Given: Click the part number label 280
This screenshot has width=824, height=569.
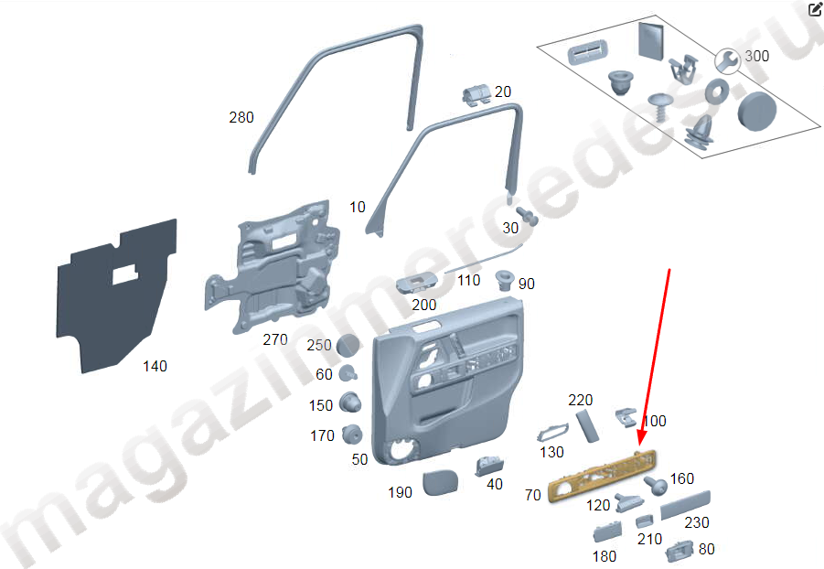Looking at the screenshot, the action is [x=241, y=117].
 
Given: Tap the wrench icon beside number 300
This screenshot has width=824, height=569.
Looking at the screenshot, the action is [x=727, y=61].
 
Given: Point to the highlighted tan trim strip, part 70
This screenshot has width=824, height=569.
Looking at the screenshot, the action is [x=603, y=475].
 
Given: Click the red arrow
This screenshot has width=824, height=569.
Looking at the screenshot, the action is [x=655, y=358].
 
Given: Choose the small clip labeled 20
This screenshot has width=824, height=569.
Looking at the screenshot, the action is [x=477, y=94].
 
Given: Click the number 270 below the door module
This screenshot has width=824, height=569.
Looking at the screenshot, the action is [x=275, y=339].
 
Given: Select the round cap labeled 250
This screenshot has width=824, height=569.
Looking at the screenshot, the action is [x=348, y=345].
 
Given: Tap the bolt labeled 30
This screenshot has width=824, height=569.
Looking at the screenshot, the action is [x=526, y=216].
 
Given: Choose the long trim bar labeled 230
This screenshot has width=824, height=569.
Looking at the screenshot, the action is [x=685, y=505].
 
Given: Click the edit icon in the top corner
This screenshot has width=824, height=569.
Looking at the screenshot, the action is [x=815, y=8].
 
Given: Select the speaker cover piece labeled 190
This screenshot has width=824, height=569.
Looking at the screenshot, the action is [x=441, y=482].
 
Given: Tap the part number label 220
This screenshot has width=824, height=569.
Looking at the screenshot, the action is [x=580, y=400].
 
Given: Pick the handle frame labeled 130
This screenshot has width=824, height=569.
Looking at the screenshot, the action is [x=551, y=431].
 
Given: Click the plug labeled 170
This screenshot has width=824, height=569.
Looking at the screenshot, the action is [x=351, y=435].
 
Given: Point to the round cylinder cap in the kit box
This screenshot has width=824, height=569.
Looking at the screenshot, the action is [x=756, y=111].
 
